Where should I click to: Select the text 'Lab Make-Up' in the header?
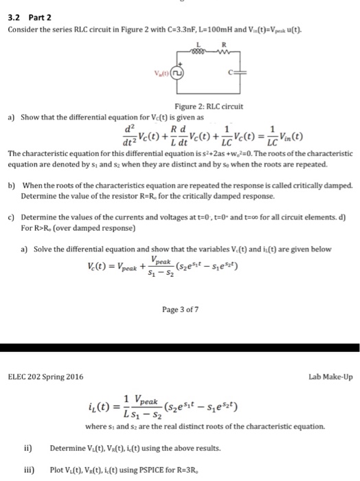click(329, 376)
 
